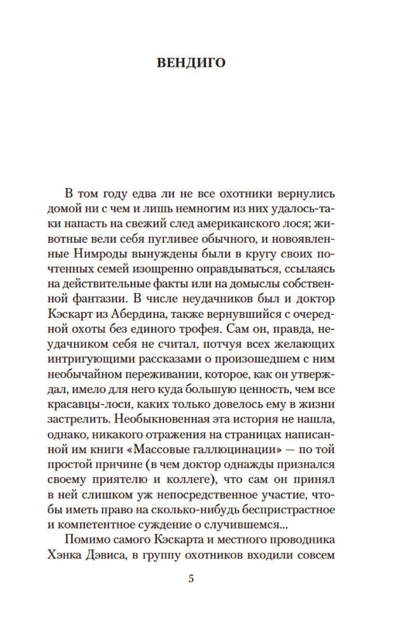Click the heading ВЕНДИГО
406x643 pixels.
click(x=191, y=63)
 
